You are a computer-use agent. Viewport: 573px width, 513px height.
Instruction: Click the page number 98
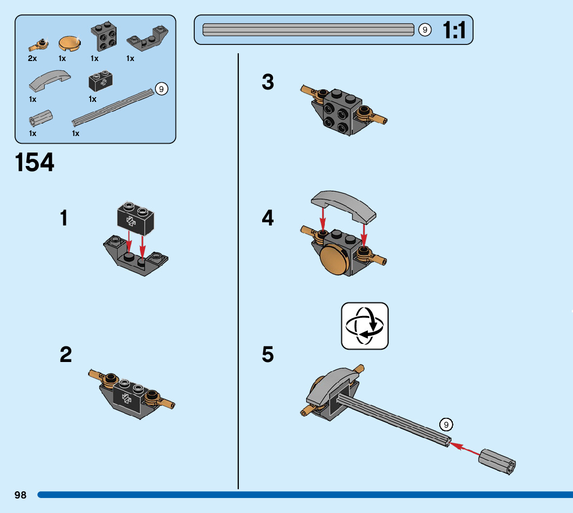click(x=21, y=495)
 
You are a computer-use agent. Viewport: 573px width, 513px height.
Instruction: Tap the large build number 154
click(x=35, y=163)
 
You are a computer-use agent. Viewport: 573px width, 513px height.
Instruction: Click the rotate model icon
click(x=365, y=326)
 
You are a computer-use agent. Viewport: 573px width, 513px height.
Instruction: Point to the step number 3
click(x=268, y=82)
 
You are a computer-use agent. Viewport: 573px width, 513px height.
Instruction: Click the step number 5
click(x=268, y=355)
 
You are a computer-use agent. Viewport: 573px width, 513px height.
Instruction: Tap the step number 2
click(x=66, y=355)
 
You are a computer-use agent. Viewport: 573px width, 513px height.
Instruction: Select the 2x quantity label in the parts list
click(x=33, y=58)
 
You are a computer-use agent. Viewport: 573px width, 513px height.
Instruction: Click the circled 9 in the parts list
click(x=162, y=89)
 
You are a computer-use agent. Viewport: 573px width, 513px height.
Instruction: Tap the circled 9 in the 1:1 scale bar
click(x=425, y=29)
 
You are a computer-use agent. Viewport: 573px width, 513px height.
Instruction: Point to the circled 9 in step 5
click(x=446, y=425)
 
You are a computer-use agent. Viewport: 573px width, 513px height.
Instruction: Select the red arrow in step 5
click(x=465, y=448)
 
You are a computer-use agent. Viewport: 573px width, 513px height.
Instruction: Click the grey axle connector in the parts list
click(x=40, y=118)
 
